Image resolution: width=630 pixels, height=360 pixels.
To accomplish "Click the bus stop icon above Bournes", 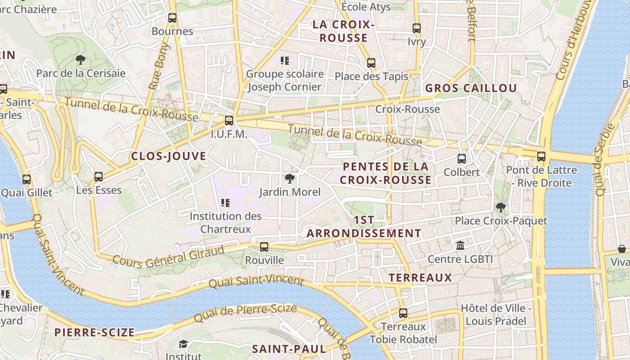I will click(172, 18).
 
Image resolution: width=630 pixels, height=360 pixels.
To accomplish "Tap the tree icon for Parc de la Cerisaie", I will click(81, 59).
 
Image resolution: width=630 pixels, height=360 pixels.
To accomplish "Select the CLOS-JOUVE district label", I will click(168, 156).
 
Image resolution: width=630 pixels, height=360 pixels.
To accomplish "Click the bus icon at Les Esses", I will click(99, 177).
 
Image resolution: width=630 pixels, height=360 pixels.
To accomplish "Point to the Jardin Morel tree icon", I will click(290, 179).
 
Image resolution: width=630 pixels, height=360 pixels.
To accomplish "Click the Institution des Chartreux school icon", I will click(225, 203).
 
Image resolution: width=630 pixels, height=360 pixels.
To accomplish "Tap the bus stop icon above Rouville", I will click(264, 247).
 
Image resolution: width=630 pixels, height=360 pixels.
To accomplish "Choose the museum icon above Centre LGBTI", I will click(460, 246).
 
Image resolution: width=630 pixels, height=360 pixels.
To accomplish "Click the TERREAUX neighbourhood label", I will click(420, 278).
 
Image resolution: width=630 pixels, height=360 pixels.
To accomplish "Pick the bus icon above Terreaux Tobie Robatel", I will click(403, 313).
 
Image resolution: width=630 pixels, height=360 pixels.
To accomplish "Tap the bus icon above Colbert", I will click(462, 159).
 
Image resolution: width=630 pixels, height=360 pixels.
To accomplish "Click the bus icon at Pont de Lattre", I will click(541, 157).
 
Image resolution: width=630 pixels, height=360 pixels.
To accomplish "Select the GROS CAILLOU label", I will click(471, 88).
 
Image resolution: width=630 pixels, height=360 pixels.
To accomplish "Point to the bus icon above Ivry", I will click(417, 28).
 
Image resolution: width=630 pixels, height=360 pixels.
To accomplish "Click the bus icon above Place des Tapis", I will click(371, 63).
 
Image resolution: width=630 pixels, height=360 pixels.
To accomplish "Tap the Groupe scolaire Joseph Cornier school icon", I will click(284, 60).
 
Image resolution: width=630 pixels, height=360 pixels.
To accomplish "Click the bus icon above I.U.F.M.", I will click(229, 121).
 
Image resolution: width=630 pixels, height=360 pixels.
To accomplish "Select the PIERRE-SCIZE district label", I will click(94, 333).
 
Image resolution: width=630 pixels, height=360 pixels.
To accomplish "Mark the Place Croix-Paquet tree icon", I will click(500, 207).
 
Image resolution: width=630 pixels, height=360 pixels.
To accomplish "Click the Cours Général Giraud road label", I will click(168, 256).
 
